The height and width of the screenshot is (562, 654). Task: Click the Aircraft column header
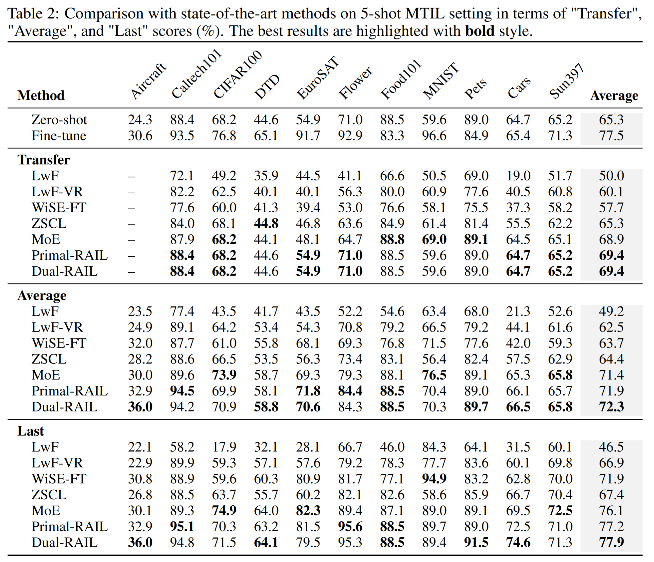149,81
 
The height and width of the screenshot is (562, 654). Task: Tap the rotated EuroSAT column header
318,77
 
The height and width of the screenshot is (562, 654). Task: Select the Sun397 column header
567,81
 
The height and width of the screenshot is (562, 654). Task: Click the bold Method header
41,95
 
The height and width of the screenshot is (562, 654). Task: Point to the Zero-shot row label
59,120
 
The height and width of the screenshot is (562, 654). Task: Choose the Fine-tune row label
59,136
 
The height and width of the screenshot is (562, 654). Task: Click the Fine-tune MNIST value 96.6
434,136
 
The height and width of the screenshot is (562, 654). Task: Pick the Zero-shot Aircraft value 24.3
140,120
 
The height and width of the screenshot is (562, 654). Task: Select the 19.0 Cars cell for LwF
518,176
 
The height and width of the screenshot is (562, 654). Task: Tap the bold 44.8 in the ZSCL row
266,224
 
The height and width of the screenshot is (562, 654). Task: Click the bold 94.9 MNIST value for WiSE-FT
434,479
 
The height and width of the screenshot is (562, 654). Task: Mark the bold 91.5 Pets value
476,542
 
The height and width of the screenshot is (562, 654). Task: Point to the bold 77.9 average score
611,542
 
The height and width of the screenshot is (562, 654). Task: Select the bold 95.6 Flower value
350,526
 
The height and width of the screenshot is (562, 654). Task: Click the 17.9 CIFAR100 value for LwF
224,447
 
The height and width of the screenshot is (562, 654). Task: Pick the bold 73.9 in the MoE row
224,375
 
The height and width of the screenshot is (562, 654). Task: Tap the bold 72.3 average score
611,407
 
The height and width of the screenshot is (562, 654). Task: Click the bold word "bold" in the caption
480,31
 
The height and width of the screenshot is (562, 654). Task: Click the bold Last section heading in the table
31,431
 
